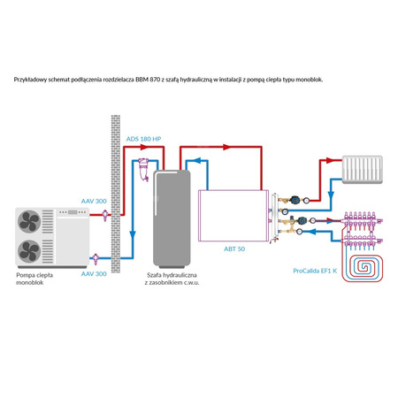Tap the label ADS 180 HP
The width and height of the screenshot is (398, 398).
pos(143,139)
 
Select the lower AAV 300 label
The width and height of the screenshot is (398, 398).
pos(94,275)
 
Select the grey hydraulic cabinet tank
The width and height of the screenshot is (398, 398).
pos(170,217)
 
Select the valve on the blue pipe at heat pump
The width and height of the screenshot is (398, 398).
pos(96,258)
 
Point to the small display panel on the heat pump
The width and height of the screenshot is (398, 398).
pos(66,213)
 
